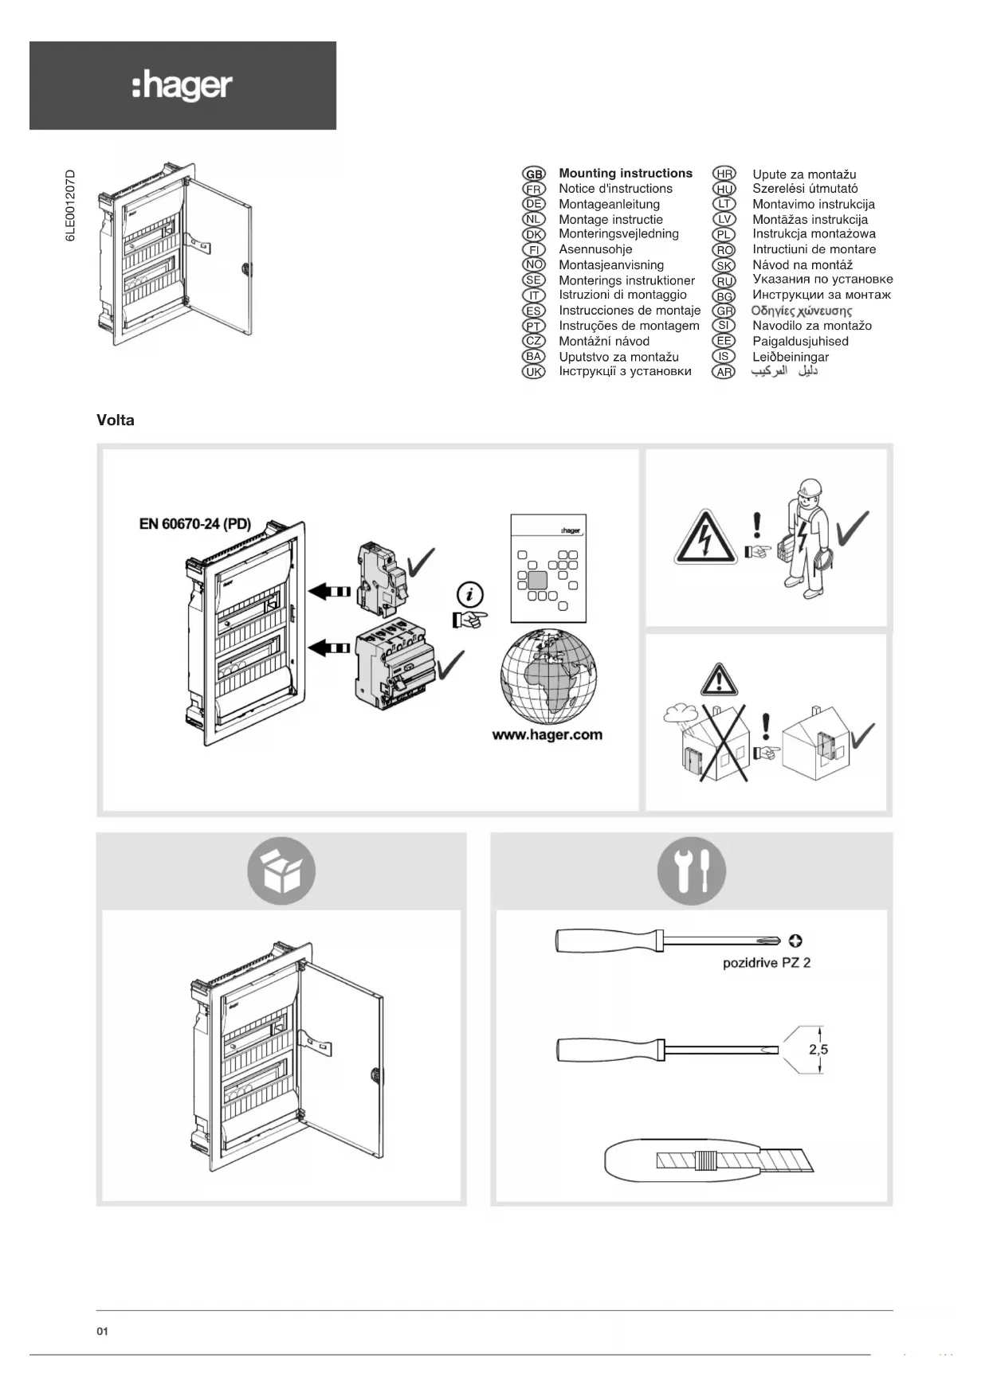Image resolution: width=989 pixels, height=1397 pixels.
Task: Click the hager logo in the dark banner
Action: (x=182, y=86)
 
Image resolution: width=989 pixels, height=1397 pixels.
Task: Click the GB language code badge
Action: (x=533, y=174)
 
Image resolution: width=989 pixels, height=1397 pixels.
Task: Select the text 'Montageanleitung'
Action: (x=609, y=204)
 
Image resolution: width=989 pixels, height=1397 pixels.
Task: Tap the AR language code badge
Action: (x=724, y=372)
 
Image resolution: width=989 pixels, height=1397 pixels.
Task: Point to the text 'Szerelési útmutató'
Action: (x=805, y=189)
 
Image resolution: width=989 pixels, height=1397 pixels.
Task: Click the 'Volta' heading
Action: (x=116, y=421)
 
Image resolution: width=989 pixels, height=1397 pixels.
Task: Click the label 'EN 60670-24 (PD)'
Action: (x=195, y=524)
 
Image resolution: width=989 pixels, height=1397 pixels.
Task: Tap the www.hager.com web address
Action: (x=547, y=735)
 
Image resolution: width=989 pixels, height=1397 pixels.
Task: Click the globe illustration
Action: (x=548, y=676)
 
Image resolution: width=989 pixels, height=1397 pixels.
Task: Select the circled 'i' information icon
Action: (x=470, y=594)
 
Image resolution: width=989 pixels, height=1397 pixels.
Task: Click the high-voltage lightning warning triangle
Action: (x=704, y=536)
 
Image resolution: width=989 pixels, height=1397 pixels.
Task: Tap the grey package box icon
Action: (x=281, y=871)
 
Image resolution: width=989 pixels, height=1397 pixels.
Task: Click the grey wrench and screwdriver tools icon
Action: (x=691, y=871)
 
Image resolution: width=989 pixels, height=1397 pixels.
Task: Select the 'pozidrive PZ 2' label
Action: (x=767, y=963)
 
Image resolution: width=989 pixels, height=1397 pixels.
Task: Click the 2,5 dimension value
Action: (x=818, y=1050)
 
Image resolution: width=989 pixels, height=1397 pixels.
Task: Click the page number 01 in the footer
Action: (x=102, y=1332)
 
